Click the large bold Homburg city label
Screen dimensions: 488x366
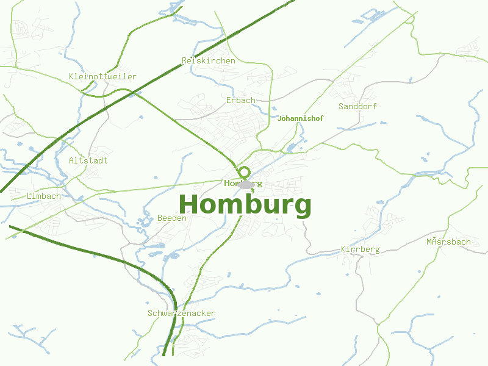pyautogui.click(x=245, y=205)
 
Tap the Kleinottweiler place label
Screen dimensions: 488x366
pyautogui.click(x=103, y=76)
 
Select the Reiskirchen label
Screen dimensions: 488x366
pyautogui.click(x=209, y=60)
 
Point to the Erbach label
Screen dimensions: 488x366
pyautogui.click(x=240, y=100)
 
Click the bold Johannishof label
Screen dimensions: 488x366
pyautogui.click(x=300, y=118)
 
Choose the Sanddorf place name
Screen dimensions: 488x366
pyautogui.click(x=357, y=106)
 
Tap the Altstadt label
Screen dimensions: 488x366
pyautogui.click(x=88, y=160)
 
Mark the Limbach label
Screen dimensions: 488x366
pyautogui.click(x=44, y=196)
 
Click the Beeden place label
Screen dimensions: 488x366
pyautogui.click(x=172, y=218)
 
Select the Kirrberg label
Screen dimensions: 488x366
pyautogui.click(x=360, y=249)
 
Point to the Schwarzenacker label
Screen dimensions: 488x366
pyautogui.click(x=181, y=313)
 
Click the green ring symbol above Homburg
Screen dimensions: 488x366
pyautogui.click(x=245, y=172)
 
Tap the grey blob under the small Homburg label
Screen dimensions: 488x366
pyautogui.click(x=245, y=185)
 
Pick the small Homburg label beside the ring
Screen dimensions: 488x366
pyautogui.click(x=243, y=183)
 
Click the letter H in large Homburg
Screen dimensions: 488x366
pyautogui.click(x=188, y=204)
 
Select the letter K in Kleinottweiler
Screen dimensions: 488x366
pyautogui.click(x=72, y=76)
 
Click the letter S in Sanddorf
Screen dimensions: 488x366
pyautogui.click(x=341, y=106)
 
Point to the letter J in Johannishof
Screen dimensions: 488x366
pyautogui.click(x=279, y=118)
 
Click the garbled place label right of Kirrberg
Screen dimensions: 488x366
pyautogui.click(x=448, y=242)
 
